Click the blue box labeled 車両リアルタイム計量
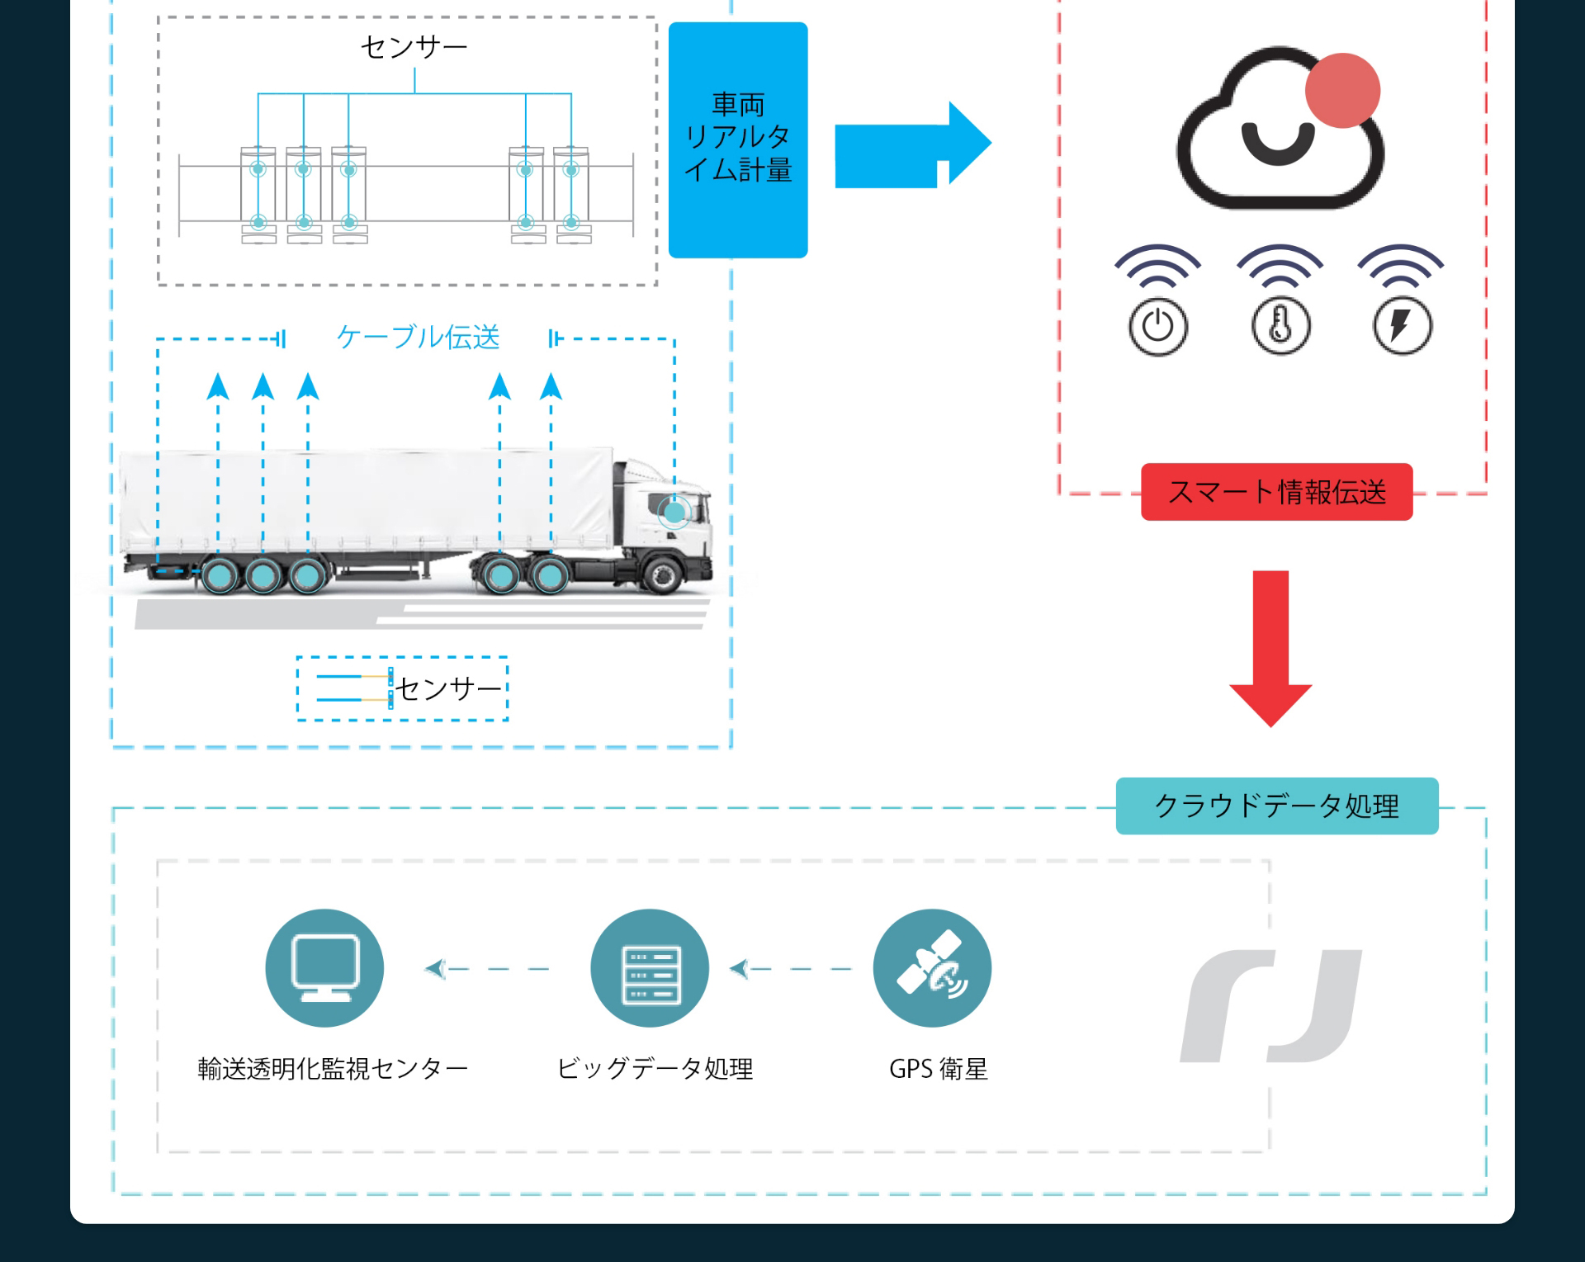737,139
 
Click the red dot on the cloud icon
1342,91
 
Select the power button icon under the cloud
1157,326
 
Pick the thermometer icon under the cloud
1280,326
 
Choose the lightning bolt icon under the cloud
1401,326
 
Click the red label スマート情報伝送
1276,492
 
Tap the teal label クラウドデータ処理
1276,806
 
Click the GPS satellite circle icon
932,968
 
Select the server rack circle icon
650,968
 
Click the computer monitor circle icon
324,968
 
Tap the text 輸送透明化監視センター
333,1069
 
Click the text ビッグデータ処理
655,1069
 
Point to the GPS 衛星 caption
938,1069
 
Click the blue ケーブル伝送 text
419,337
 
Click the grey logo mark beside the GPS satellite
1270,1006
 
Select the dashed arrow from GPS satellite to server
791,969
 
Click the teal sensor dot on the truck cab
675,513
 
